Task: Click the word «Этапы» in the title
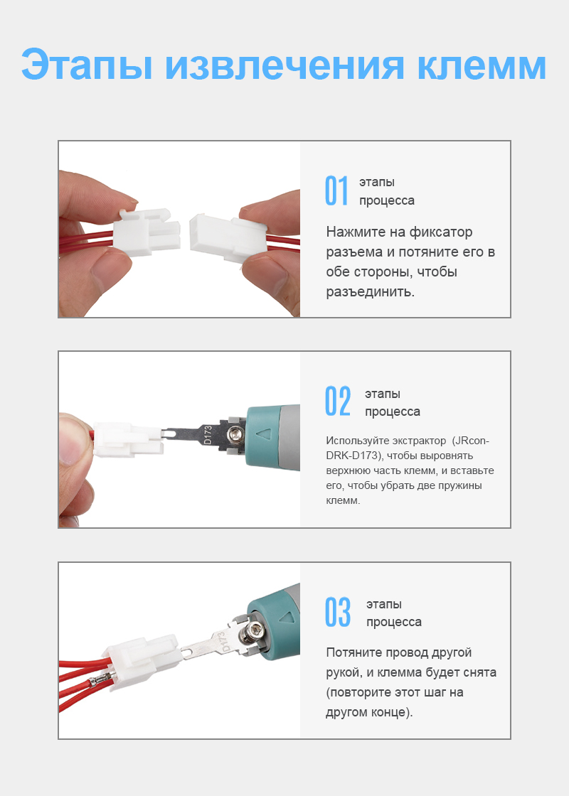(x=87, y=65)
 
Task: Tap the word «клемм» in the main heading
(x=482, y=65)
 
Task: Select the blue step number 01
(x=336, y=191)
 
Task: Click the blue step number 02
(x=337, y=401)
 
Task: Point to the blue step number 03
(x=338, y=612)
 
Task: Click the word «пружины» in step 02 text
(x=462, y=486)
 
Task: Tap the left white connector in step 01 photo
(x=147, y=235)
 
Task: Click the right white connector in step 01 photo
(x=228, y=237)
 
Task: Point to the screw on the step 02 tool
(x=234, y=433)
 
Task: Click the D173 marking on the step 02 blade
(x=207, y=435)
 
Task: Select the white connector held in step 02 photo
(x=128, y=439)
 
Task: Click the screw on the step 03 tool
(x=253, y=632)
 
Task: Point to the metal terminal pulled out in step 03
(x=100, y=680)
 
